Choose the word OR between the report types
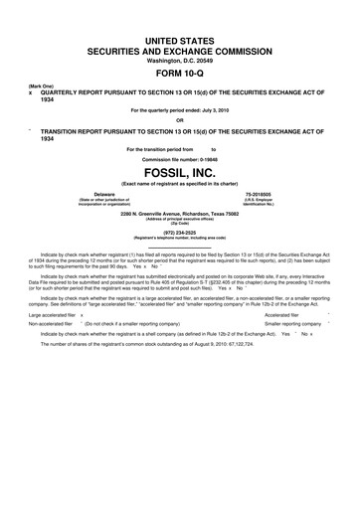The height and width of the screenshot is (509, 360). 179,120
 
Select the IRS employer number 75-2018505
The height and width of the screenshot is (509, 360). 257,195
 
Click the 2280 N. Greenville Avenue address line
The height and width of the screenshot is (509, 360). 179,214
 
